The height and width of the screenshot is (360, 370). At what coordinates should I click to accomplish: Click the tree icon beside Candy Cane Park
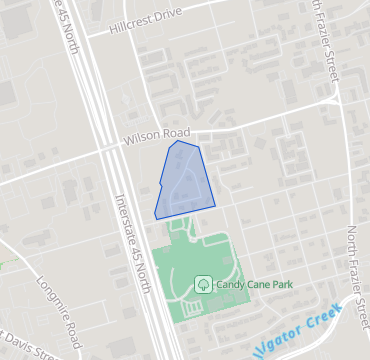tap(203, 285)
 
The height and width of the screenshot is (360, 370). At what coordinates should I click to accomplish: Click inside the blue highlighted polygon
tap(184, 180)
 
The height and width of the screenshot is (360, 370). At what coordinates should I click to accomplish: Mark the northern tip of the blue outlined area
tap(177, 141)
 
